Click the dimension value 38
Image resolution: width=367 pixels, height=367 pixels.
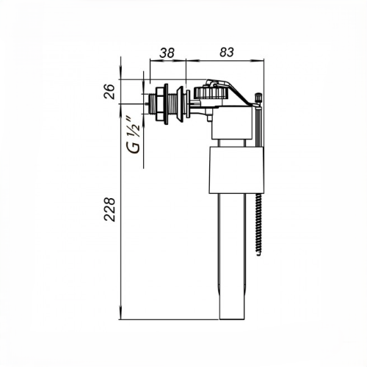point(167,53)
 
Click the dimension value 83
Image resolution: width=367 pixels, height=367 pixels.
point(227,52)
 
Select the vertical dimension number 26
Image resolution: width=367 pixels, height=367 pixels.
point(109,92)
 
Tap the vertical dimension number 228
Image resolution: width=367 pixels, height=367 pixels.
point(109,209)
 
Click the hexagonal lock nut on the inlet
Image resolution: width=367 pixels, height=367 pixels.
point(160,104)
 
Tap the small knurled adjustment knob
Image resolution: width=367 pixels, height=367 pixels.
point(258,98)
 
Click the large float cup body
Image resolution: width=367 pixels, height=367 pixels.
point(236,170)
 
